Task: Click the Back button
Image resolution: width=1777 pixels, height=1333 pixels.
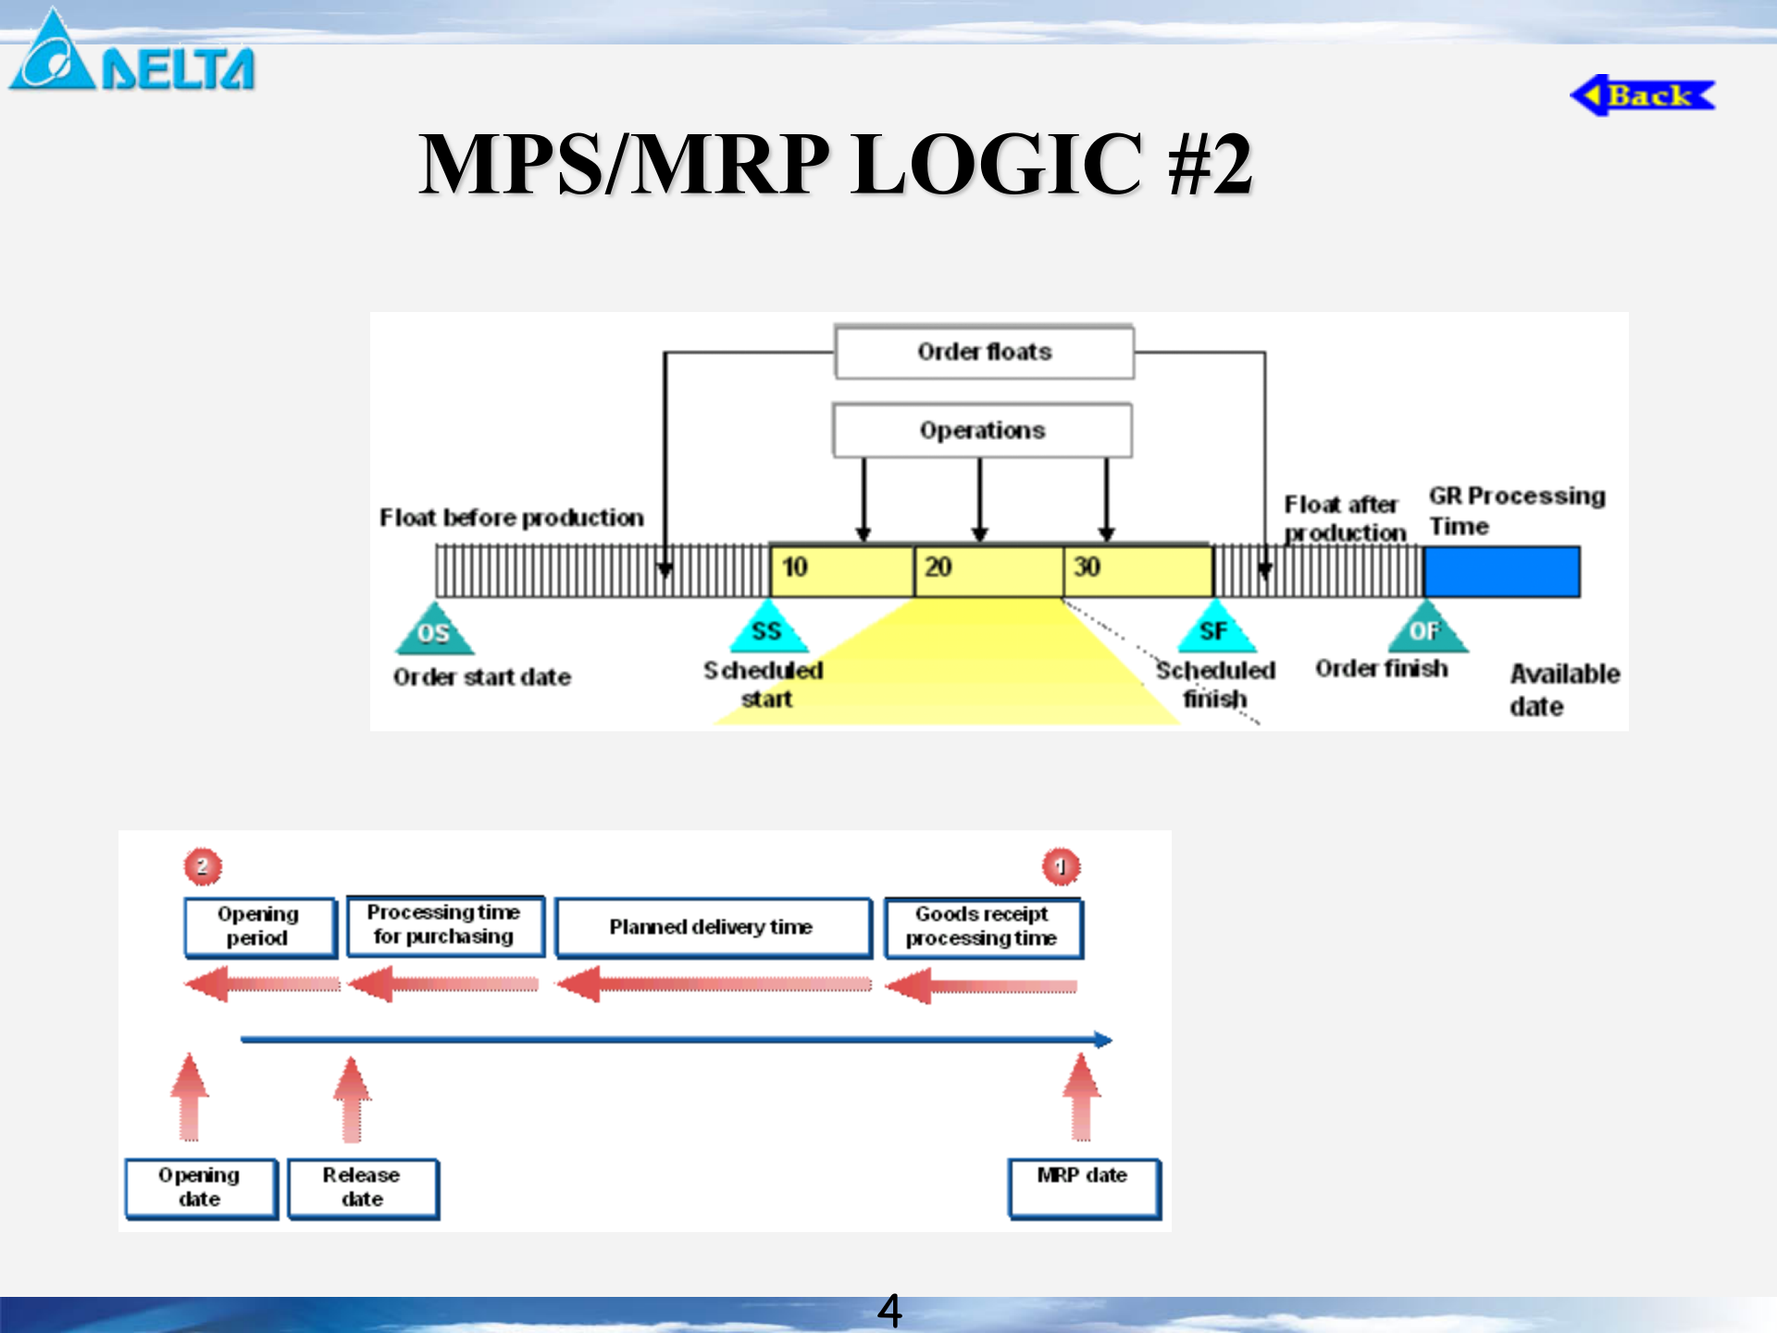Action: tap(1643, 95)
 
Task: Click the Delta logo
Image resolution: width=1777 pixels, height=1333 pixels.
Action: tap(131, 56)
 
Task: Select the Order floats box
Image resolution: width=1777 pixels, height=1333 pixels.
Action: tap(984, 352)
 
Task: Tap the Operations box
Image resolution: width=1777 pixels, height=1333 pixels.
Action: tap(982, 430)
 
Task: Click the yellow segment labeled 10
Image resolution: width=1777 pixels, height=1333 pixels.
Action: tap(841, 570)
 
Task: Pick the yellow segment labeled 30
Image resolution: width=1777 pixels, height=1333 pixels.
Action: tap(1138, 570)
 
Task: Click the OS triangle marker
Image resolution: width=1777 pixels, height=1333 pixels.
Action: tap(434, 631)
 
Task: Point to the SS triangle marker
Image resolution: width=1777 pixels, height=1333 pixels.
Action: tap(767, 629)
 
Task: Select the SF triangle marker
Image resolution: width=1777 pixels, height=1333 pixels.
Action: tap(1215, 629)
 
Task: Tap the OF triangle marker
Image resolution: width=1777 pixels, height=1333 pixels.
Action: tap(1426, 629)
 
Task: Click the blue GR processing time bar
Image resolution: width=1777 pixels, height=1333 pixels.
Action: tap(1501, 571)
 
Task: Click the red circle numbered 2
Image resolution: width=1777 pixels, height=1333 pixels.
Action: tap(203, 866)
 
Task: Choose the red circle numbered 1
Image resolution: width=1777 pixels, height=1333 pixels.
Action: tap(1061, 866)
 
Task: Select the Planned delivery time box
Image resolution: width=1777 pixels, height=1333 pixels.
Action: tap(713, 927)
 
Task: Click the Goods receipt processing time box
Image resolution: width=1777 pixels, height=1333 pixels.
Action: tap(982, 927)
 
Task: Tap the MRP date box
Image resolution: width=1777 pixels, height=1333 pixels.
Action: tap(1083, 1187)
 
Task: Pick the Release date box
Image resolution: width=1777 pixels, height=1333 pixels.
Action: tap(362, 1188)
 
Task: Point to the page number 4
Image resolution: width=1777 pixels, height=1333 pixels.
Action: tap(888, 1310)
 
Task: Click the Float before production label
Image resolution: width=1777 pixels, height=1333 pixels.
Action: tap(512, 517)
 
